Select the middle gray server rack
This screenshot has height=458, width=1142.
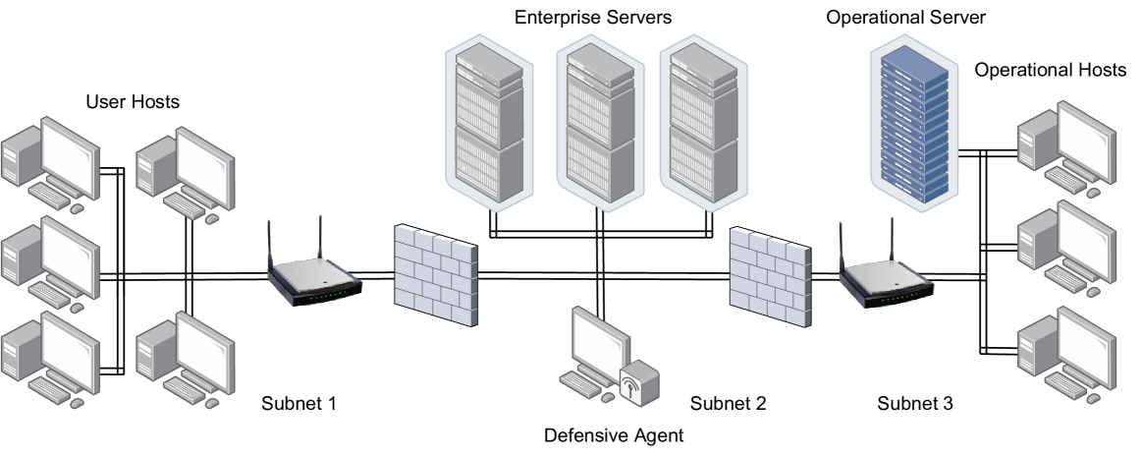point(600,123)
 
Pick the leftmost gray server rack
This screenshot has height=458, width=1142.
point(489,123)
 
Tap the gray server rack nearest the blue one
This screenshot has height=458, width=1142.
point(703,123)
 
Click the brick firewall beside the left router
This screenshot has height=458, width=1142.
point(435,276)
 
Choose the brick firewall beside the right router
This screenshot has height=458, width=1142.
point(770,276)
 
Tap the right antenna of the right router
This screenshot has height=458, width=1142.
point(892,242)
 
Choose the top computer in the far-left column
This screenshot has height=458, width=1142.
point(51,163)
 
